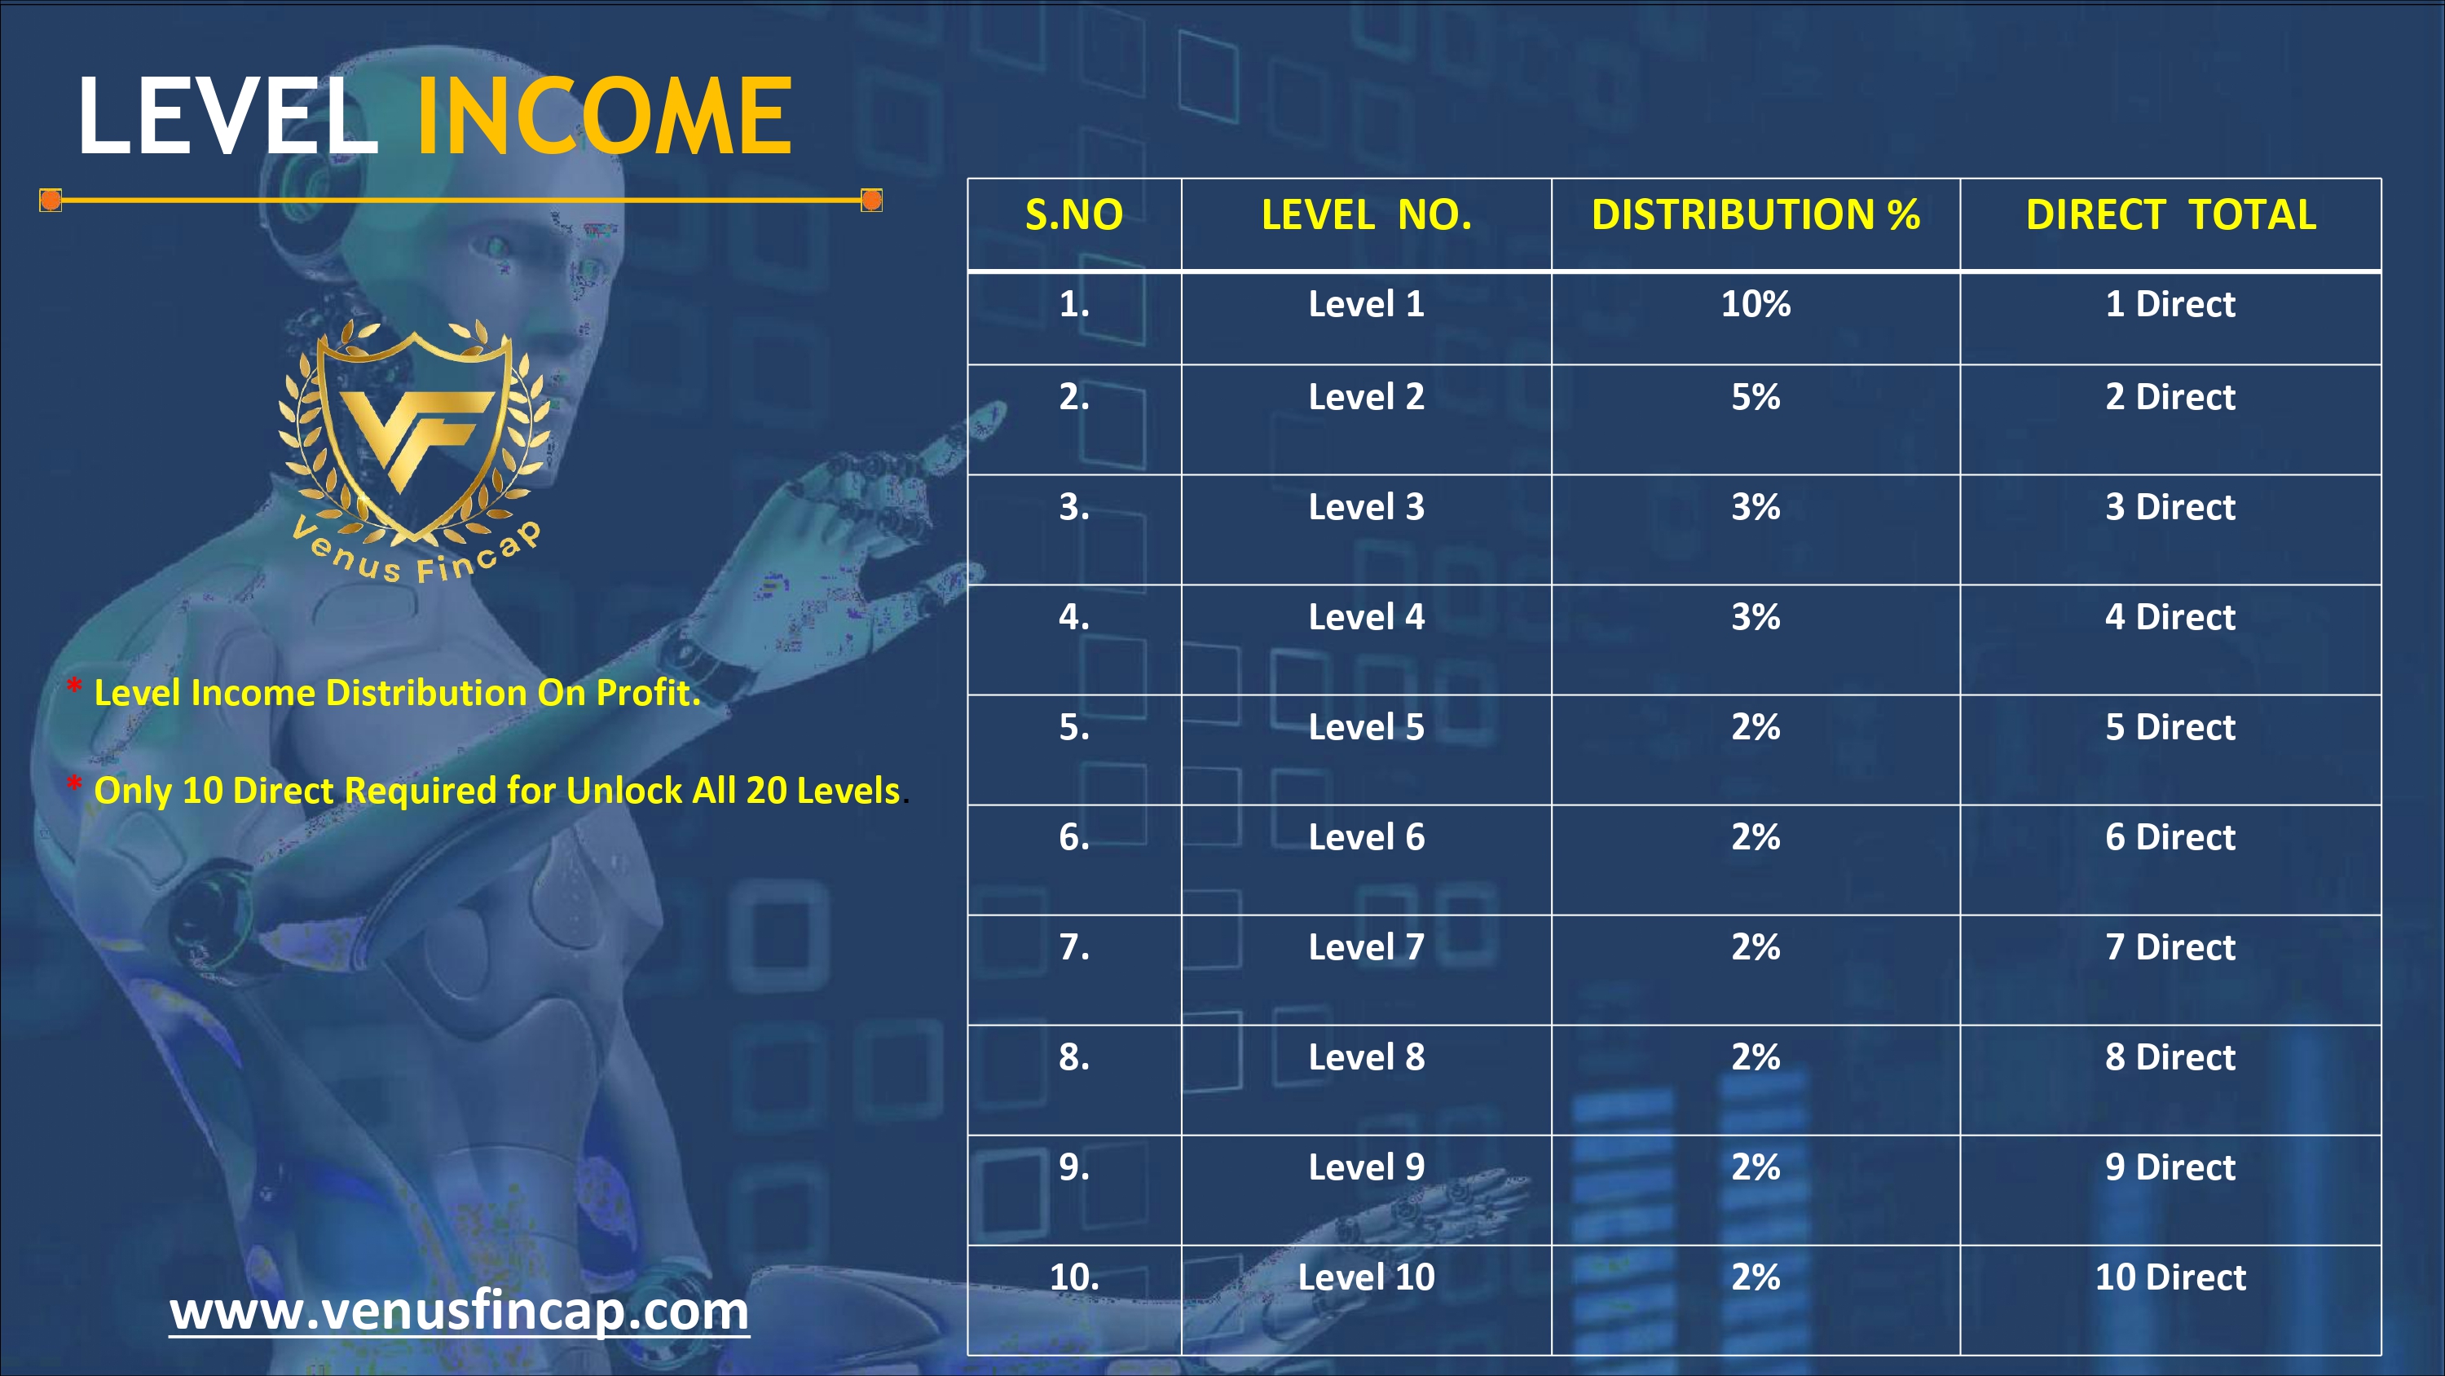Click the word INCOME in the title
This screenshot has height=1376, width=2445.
[x=605, y=116]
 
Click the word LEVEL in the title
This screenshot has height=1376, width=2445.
[x=228, y=116]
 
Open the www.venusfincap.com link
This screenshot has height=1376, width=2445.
[x=460, y=1311]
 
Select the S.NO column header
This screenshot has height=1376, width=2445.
[x=1074, y=214]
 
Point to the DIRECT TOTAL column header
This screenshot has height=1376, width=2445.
[x=2170, y=214]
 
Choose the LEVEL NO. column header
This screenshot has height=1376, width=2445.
[x=1367, y=214]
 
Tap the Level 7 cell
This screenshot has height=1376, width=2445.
[x=1367, y=946]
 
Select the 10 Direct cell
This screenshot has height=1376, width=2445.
[x=2170, y=1277]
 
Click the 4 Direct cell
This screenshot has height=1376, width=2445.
[x=2170, y=617]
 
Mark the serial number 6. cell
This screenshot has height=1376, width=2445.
[x=1074, y=836]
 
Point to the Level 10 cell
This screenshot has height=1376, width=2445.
[x=1367, y=1277]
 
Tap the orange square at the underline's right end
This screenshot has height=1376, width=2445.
[x=871, y=201]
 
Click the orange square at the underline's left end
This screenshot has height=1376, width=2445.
[x=51, y=201]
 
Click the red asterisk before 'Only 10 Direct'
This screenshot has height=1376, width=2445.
[x=74, y=784]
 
